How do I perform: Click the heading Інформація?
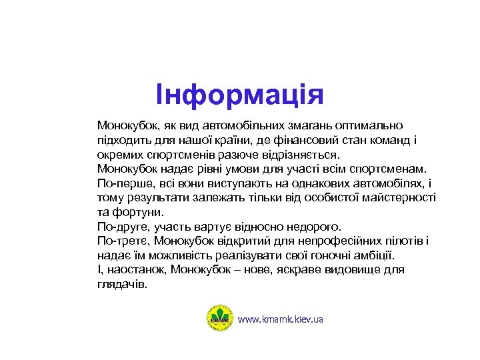[239, 95]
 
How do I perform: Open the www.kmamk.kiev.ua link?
[281, 319]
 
